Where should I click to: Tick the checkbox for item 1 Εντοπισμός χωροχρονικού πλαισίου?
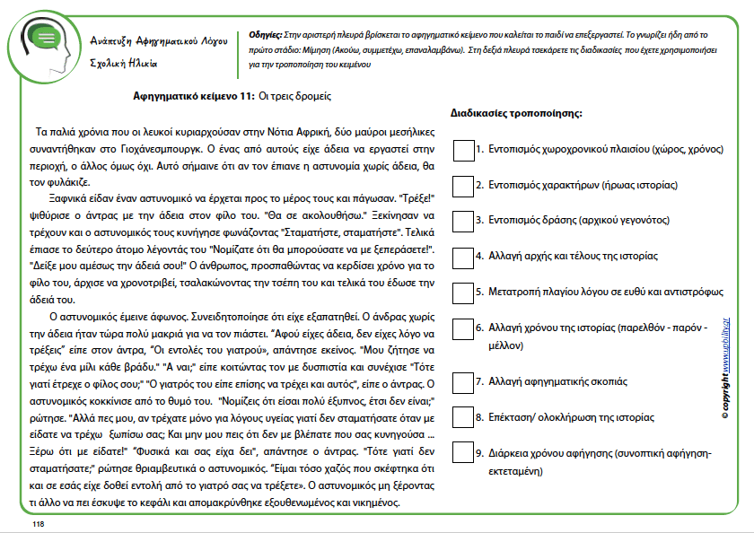pyautogui.click(x=463, y=150)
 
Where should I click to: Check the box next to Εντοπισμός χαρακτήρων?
pyautogui.click(x=463, y=186)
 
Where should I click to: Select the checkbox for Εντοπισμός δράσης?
pyautogui.click(x=463, y=221)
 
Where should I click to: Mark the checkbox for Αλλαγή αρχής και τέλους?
pyautogui.click(x=463, y=257)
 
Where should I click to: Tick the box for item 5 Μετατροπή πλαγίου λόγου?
pyautogui.click(x=463, y=293)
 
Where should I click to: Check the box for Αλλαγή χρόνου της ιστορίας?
pyautogui.click(x=463, y=329)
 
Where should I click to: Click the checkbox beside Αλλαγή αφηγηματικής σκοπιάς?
pyautogui.click(x=463, y=382)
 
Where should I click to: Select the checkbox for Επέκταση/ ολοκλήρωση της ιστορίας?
pyautogui.click(x=463, y=417)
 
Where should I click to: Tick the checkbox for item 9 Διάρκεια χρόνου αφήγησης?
pyautogui.click(x=463, y=453)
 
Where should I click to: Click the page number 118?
pyautogui.click(x=38, y=523)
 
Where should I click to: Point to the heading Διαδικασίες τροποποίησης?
pyautogui.click(x=515, y=114)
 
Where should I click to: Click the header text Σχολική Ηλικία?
pyautogui.click(x=125, y=64)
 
